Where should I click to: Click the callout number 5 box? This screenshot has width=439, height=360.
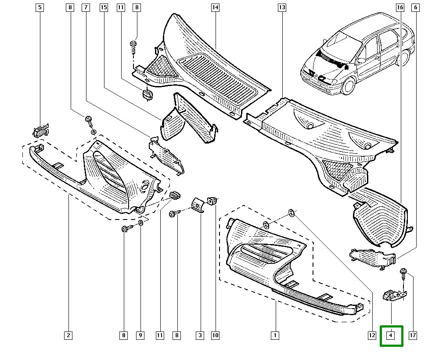[40, 7]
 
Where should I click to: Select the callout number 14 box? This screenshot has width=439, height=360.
[215, 7]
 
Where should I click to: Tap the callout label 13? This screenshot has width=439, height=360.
[282, 7]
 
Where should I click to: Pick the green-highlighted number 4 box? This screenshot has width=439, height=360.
[391, 336]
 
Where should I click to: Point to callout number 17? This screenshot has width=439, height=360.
[413, 336]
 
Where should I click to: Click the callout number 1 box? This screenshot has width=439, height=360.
[275, 336]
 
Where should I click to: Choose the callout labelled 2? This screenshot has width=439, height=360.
[68, 336]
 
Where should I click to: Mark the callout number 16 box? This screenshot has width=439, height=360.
[399, 7]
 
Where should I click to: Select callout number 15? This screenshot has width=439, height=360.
[103, 7]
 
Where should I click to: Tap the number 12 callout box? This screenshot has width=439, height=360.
[372, 336]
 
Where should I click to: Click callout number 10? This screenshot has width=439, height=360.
[215, 336]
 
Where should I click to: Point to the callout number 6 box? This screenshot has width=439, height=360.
[415, 7]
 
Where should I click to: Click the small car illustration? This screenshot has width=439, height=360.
[356, 57]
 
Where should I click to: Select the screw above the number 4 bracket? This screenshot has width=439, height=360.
[403, 275]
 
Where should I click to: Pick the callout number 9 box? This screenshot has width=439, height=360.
[140, 336]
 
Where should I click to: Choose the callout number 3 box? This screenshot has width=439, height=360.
[200, 336]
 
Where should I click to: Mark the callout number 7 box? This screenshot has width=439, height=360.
[86, 7]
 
